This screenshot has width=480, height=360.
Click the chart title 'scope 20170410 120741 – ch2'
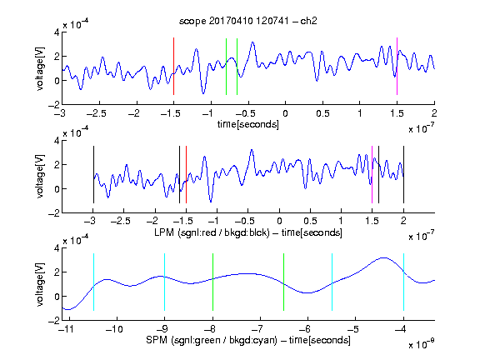click(x=248, y=21)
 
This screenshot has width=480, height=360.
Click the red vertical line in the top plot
click(x=173, y=66)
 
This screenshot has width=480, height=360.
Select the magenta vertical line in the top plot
click(x=397, y=66)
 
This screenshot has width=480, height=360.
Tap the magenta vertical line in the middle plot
click(x=372, y=174)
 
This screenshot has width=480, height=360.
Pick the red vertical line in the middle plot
click(x=186, y=174)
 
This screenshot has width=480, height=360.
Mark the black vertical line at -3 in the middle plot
click(x=93, y=174)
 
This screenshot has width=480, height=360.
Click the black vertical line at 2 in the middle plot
click(x=403, y=174)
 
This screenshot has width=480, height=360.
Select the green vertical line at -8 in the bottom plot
click(x=212, y=282)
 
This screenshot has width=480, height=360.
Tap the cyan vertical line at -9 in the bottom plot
click(x=164, y=282)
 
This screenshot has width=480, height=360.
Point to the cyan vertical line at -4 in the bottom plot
click(x=403, y=282)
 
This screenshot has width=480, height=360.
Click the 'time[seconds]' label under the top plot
click(x=248, y=125)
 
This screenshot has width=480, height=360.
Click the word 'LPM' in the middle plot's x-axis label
click(x=164, y=232)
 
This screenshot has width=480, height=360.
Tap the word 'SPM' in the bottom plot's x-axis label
click(x=157, y=340)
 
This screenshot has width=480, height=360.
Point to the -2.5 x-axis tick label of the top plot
click(x=97, y=113)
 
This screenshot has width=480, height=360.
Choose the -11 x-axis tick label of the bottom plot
click(x=67, y=329)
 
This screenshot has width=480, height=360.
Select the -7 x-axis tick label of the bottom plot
click(x=259, y=329)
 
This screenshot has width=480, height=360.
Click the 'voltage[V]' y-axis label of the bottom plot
click(x=40, y=284)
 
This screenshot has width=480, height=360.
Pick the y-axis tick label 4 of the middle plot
click(x=57, y=141)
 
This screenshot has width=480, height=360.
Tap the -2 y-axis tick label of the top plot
click(x=54, y=105)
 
